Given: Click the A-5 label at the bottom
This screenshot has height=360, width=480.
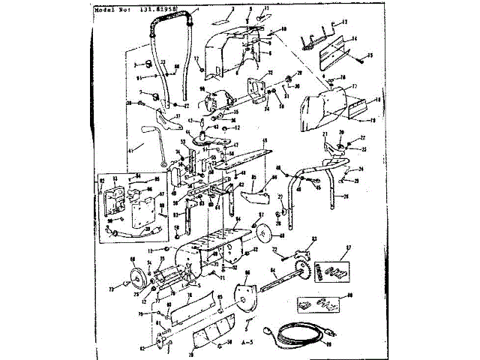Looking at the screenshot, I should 248,342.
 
